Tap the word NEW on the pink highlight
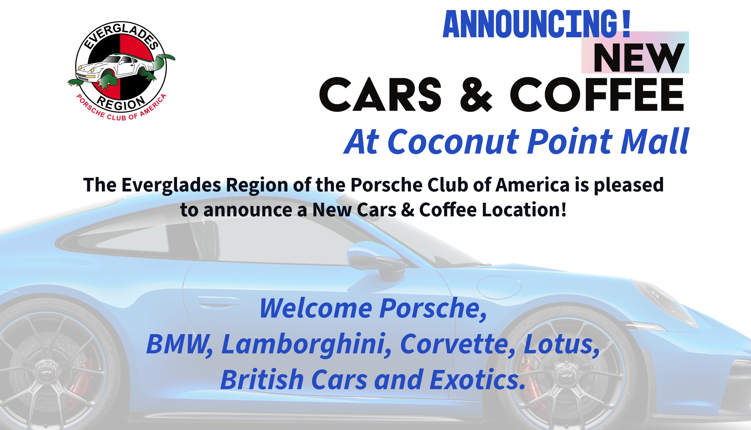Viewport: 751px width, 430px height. point(639,58)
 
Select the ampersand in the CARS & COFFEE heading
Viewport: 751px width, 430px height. point(476,94)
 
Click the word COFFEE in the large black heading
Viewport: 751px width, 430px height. point(597,94)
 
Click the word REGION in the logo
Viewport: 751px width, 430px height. point(121,103)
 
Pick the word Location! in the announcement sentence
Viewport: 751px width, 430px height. point(524,210)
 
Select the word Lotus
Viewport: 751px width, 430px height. point(561,344)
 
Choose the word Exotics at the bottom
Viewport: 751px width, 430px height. point(477,380)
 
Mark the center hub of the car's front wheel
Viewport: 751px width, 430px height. point(566,375)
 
